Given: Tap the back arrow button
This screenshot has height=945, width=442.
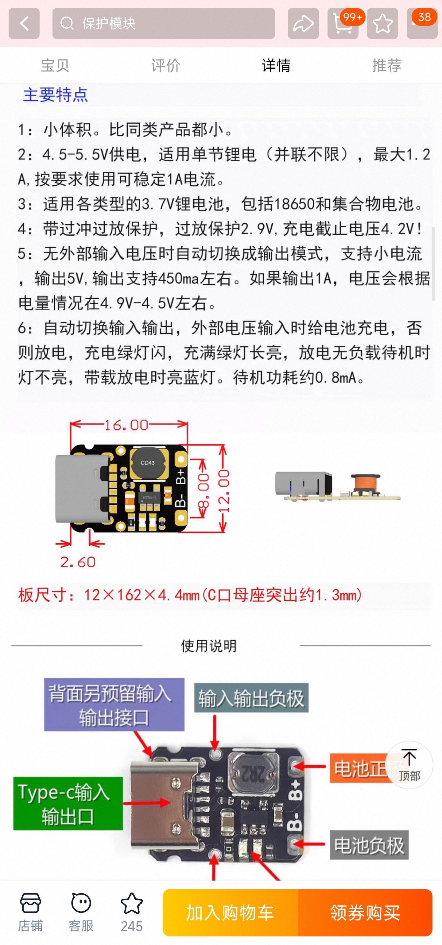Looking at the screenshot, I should coord(24,24).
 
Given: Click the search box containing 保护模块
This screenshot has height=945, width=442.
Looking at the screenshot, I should coord(163,24).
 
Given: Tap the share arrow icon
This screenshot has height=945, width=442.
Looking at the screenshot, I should coord(303,24).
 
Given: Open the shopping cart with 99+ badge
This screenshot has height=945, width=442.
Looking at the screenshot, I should coord(343,24).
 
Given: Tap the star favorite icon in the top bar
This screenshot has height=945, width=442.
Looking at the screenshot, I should coord(382,24).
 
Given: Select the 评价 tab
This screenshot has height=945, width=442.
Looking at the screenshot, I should coord(165,65).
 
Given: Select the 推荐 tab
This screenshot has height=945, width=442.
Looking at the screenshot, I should coord(386,65).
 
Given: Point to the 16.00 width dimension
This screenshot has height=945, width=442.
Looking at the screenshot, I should coord(127,425).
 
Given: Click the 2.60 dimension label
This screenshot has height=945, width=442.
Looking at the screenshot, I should coord(78,562).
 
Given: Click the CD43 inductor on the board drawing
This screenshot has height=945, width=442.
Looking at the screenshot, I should coord(148,463).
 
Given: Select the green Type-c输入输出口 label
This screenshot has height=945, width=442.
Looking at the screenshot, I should coord(68,803).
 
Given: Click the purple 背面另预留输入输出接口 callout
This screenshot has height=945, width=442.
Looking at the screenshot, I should coord(114,704).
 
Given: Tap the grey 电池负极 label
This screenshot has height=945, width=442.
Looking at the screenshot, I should coord(369,845).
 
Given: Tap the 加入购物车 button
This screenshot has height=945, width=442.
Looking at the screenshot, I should coord(230,912).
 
